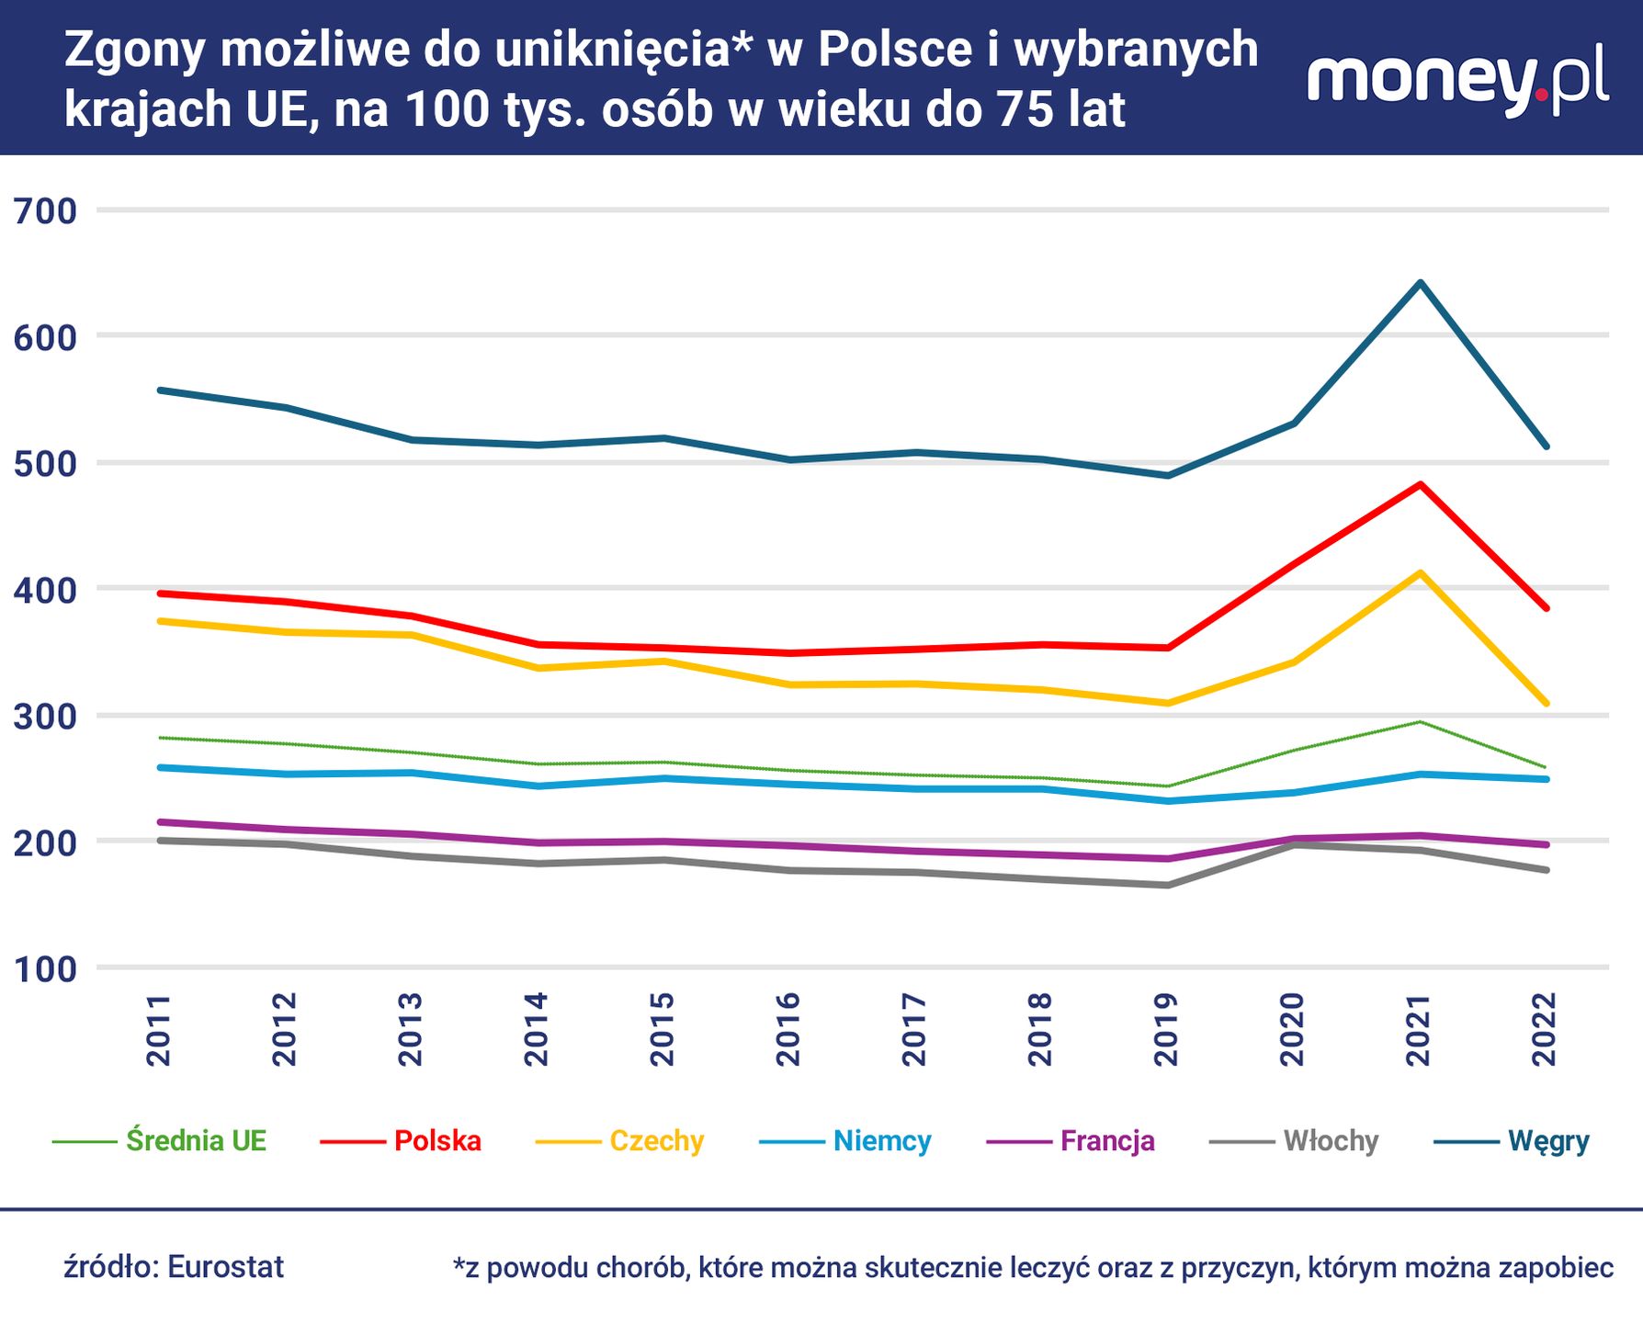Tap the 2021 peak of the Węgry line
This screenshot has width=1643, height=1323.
pyautogui.click(x=1420, y=282)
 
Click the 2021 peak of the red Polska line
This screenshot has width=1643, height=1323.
pyautogui.click(x=1420, y=483)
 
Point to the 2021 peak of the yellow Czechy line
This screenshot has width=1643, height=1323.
pyautogui.click(x=1420, y=572)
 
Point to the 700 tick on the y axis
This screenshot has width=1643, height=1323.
pyautogui.click(x=45, y=211)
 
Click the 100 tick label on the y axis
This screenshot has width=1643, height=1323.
pyautogui.click(x=45, y=969)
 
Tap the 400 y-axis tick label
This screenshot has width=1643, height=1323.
pyautogui.click(x=45, y=591)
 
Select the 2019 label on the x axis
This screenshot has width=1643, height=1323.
pyautogui.click(x=1166, y=1029)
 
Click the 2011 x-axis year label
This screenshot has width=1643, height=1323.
pyautogui.click(x=159, y=1029)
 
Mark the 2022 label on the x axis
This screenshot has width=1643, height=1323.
pyautogui.click(x=1545, y=1029)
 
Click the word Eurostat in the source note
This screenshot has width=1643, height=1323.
pyautogui.click(x=226, y=1267)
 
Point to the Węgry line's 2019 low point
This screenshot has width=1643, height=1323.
pyautogui.click(x=1167, y=475)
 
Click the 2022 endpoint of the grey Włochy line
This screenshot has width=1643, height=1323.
pyautogui.click(x=1547, y=869)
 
